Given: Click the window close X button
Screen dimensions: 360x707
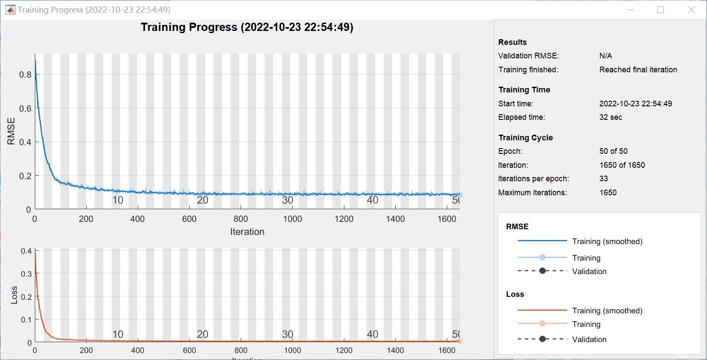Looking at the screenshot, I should click(691, 10).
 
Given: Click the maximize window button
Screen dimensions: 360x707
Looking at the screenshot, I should click(661, 10).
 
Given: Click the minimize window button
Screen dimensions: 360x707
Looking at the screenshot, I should click(630, 10).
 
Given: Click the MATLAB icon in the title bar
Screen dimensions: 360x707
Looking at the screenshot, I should click(10, 10).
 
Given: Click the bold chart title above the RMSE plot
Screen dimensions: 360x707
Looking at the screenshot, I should click(247, 27).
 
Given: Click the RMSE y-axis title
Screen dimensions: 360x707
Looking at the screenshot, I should click(11, 131).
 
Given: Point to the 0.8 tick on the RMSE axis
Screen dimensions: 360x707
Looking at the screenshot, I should click(25, 75).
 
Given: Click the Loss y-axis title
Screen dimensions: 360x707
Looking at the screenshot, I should click(14, 295).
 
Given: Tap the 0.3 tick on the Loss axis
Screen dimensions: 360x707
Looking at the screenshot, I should click(26, 274).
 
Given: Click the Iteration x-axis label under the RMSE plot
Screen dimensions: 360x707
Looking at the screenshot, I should click(247, 232).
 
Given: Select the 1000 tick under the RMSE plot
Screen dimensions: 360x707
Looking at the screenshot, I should click(292, 219).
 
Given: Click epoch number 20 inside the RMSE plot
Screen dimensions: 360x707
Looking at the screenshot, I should click(203, 200).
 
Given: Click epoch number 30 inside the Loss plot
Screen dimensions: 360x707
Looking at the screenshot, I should click(287, 334).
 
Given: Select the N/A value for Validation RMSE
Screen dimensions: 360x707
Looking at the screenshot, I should click(605, 56).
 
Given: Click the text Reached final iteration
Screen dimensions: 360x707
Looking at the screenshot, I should click(638, 70).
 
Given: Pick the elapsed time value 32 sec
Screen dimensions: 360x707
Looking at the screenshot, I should click(610, 117).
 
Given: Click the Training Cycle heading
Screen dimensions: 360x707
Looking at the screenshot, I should click(525, 138).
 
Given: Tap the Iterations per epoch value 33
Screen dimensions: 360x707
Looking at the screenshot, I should click(603, 179).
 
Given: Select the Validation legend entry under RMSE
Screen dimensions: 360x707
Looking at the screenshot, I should click(589, 272).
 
